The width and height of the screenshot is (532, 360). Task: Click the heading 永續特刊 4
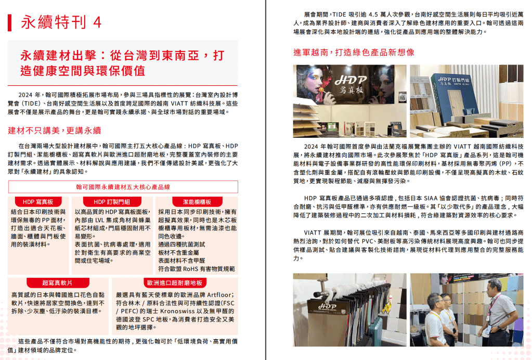coord(61,22)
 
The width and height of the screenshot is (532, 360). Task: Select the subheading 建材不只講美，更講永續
coord(55,130)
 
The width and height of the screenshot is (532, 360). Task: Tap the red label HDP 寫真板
coord(38,202)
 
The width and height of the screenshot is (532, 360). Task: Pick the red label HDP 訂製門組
coord(112,202)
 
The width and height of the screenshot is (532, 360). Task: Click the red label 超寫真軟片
coord(57,283)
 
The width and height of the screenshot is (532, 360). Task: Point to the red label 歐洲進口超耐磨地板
coord(175,283)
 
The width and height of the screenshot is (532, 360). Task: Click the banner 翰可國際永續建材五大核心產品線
coord(123,187)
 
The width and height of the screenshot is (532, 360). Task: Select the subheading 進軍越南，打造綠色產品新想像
coord(354,53)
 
